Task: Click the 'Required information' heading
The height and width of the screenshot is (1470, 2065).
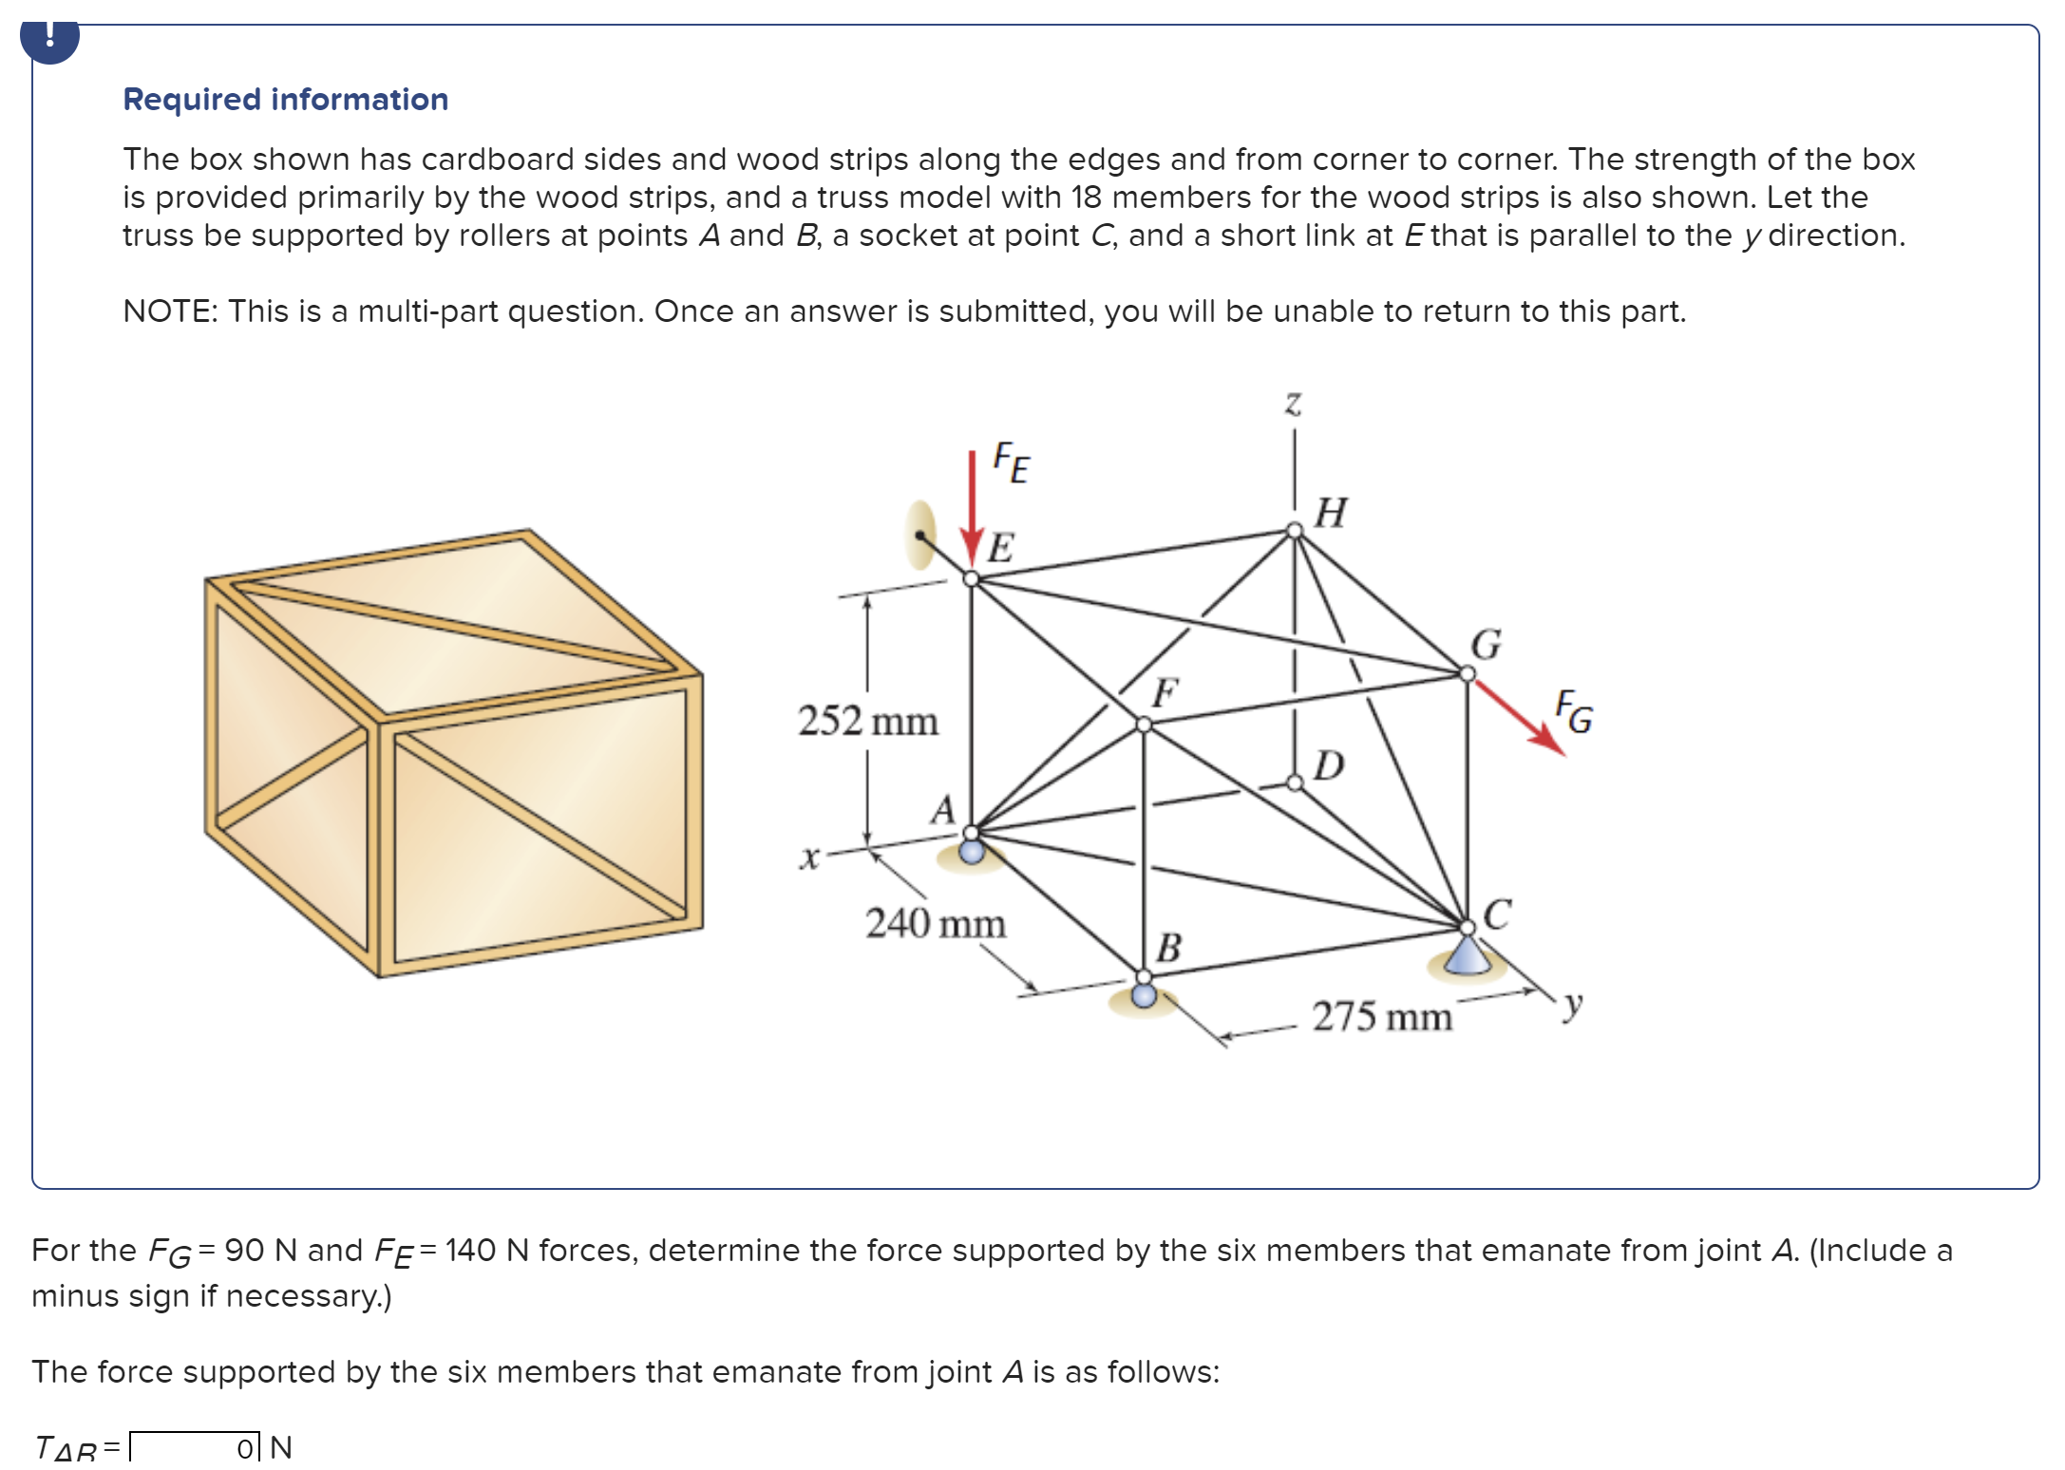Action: pyautogui.click(x=285, y=100)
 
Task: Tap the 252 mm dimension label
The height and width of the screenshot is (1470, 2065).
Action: pyautogui.click(x=867, y=721)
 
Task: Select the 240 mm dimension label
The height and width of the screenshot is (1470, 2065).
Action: pyautogui.click(x=935, y=923)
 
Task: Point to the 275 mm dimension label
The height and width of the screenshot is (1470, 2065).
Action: pyautogui.click(x=1382, y=1017)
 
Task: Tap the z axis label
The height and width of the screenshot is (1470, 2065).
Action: pyautogui.click(x=1293, y=403)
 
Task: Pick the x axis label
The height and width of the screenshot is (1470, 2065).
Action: pyautogui.click(x=808, y=858)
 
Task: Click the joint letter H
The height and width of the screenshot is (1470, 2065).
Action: pyautogui.click(x=1331, y=513)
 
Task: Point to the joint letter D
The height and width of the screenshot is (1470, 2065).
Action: pyautogui.click(x=1329, y=764)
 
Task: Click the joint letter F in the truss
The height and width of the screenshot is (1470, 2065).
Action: pyautogui.click(x=1165, y=692)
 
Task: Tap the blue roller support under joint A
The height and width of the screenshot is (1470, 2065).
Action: pyautogui.click(x=972, y=851)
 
